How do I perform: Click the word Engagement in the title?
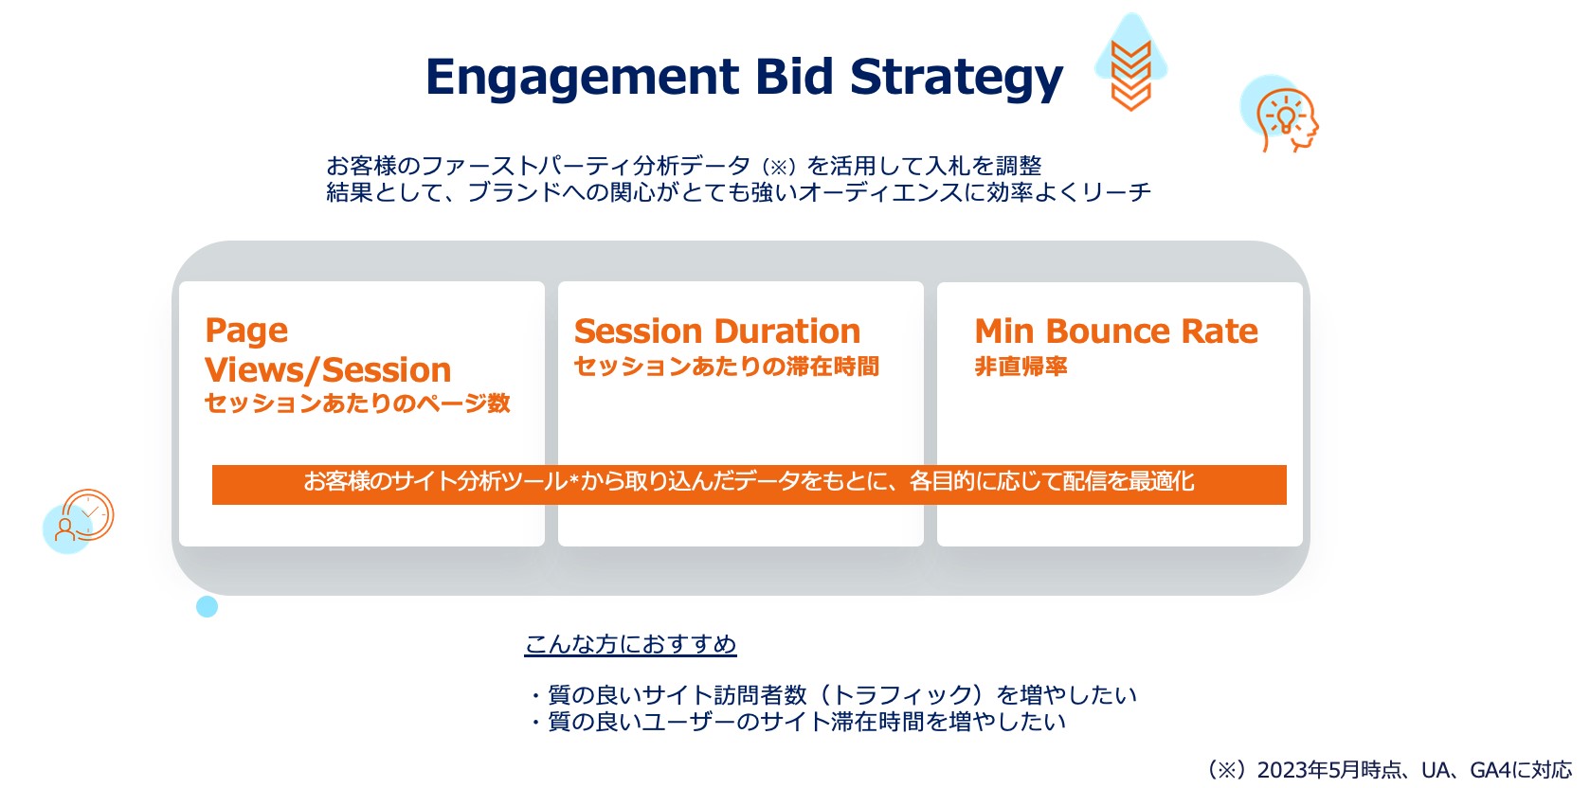coord(583,78)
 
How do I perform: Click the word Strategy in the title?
coord(956,78)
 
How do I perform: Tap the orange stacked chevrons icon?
coord(1130,76)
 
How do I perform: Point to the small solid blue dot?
coord(207,606)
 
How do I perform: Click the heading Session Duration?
coord(717,331)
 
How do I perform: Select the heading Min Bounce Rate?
coord(1116,331)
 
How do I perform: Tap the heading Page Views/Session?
coord(328,349)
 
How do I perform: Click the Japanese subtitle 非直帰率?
coord(1021,366)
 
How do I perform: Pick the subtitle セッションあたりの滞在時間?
coord(726,366)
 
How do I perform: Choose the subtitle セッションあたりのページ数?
coord(357,403)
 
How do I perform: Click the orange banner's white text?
coord(749,481)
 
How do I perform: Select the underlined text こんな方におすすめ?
coord(630,644)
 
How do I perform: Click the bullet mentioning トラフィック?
coord(833,694)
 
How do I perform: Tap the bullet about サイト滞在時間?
coord(797,722)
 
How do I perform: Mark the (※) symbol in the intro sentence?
coord(778,167)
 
